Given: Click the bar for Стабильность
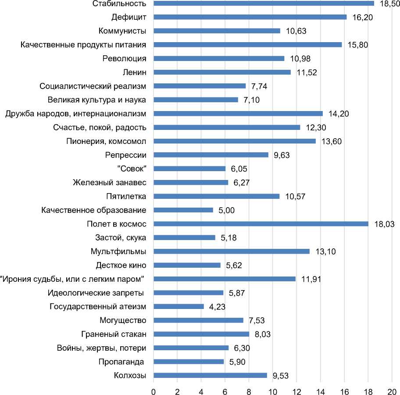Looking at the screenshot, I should [x=263, y=4].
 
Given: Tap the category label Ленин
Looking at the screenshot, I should [x=134, y=72].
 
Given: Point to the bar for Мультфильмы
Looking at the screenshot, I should [x=231, y=251].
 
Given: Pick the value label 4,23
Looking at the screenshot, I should [x=218, y=307].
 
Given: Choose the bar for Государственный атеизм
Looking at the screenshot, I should [x=179, y=306].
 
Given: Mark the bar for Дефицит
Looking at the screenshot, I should [x=250, y=17].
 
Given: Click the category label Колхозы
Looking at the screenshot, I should [x=130, y=375].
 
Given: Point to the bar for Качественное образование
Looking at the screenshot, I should [x=183, y=210].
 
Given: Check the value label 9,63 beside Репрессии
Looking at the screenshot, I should [x=282, y=155].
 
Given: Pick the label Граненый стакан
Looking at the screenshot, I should [x=114, y=334].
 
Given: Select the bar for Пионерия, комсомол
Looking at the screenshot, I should [x=234, y=141].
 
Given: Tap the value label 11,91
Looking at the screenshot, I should [x=309, y=279].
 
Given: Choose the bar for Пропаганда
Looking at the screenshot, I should [x=189, y=362].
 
